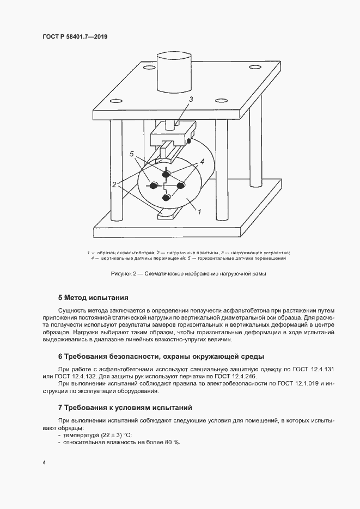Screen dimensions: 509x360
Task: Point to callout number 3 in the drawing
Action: (x=191, y=99)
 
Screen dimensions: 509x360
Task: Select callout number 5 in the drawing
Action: (x=131, y=155)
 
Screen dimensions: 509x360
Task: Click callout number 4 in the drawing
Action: (x=202, y=162)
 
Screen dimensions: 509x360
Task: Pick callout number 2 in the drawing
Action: (x=114, y=184)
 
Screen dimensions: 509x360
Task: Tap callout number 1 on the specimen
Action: (x=199, y=210)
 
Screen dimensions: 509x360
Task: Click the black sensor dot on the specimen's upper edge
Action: (x=189, y=142)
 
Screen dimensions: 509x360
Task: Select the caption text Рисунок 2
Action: (x=125, y=273)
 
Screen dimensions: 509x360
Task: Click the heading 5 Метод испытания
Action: (x=93, y=298)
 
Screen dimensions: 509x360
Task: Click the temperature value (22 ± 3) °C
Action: (x=115, y=434)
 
